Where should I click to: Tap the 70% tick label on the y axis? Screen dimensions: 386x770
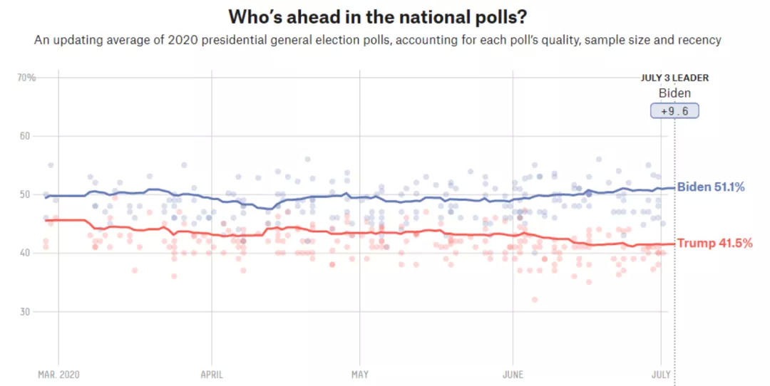coord(26,77)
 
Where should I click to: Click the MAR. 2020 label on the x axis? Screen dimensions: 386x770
coord(58,374)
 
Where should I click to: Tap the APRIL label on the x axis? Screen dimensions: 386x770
coord(212,374)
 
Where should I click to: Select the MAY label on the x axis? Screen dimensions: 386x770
coord(359,374)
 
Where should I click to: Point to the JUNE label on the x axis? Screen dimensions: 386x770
coord(513,374)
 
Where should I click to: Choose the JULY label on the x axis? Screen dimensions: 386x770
coord(661,374)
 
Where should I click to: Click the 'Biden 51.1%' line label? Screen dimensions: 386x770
coord(710,187)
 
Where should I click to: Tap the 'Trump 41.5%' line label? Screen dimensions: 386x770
coord(714,244)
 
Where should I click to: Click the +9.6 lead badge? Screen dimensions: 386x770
coord(674,111)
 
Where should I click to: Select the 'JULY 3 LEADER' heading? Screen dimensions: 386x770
coord(674,78)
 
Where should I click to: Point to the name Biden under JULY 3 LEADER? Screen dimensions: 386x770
coord(674,93)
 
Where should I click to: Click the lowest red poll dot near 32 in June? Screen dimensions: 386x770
coord(534,299)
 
